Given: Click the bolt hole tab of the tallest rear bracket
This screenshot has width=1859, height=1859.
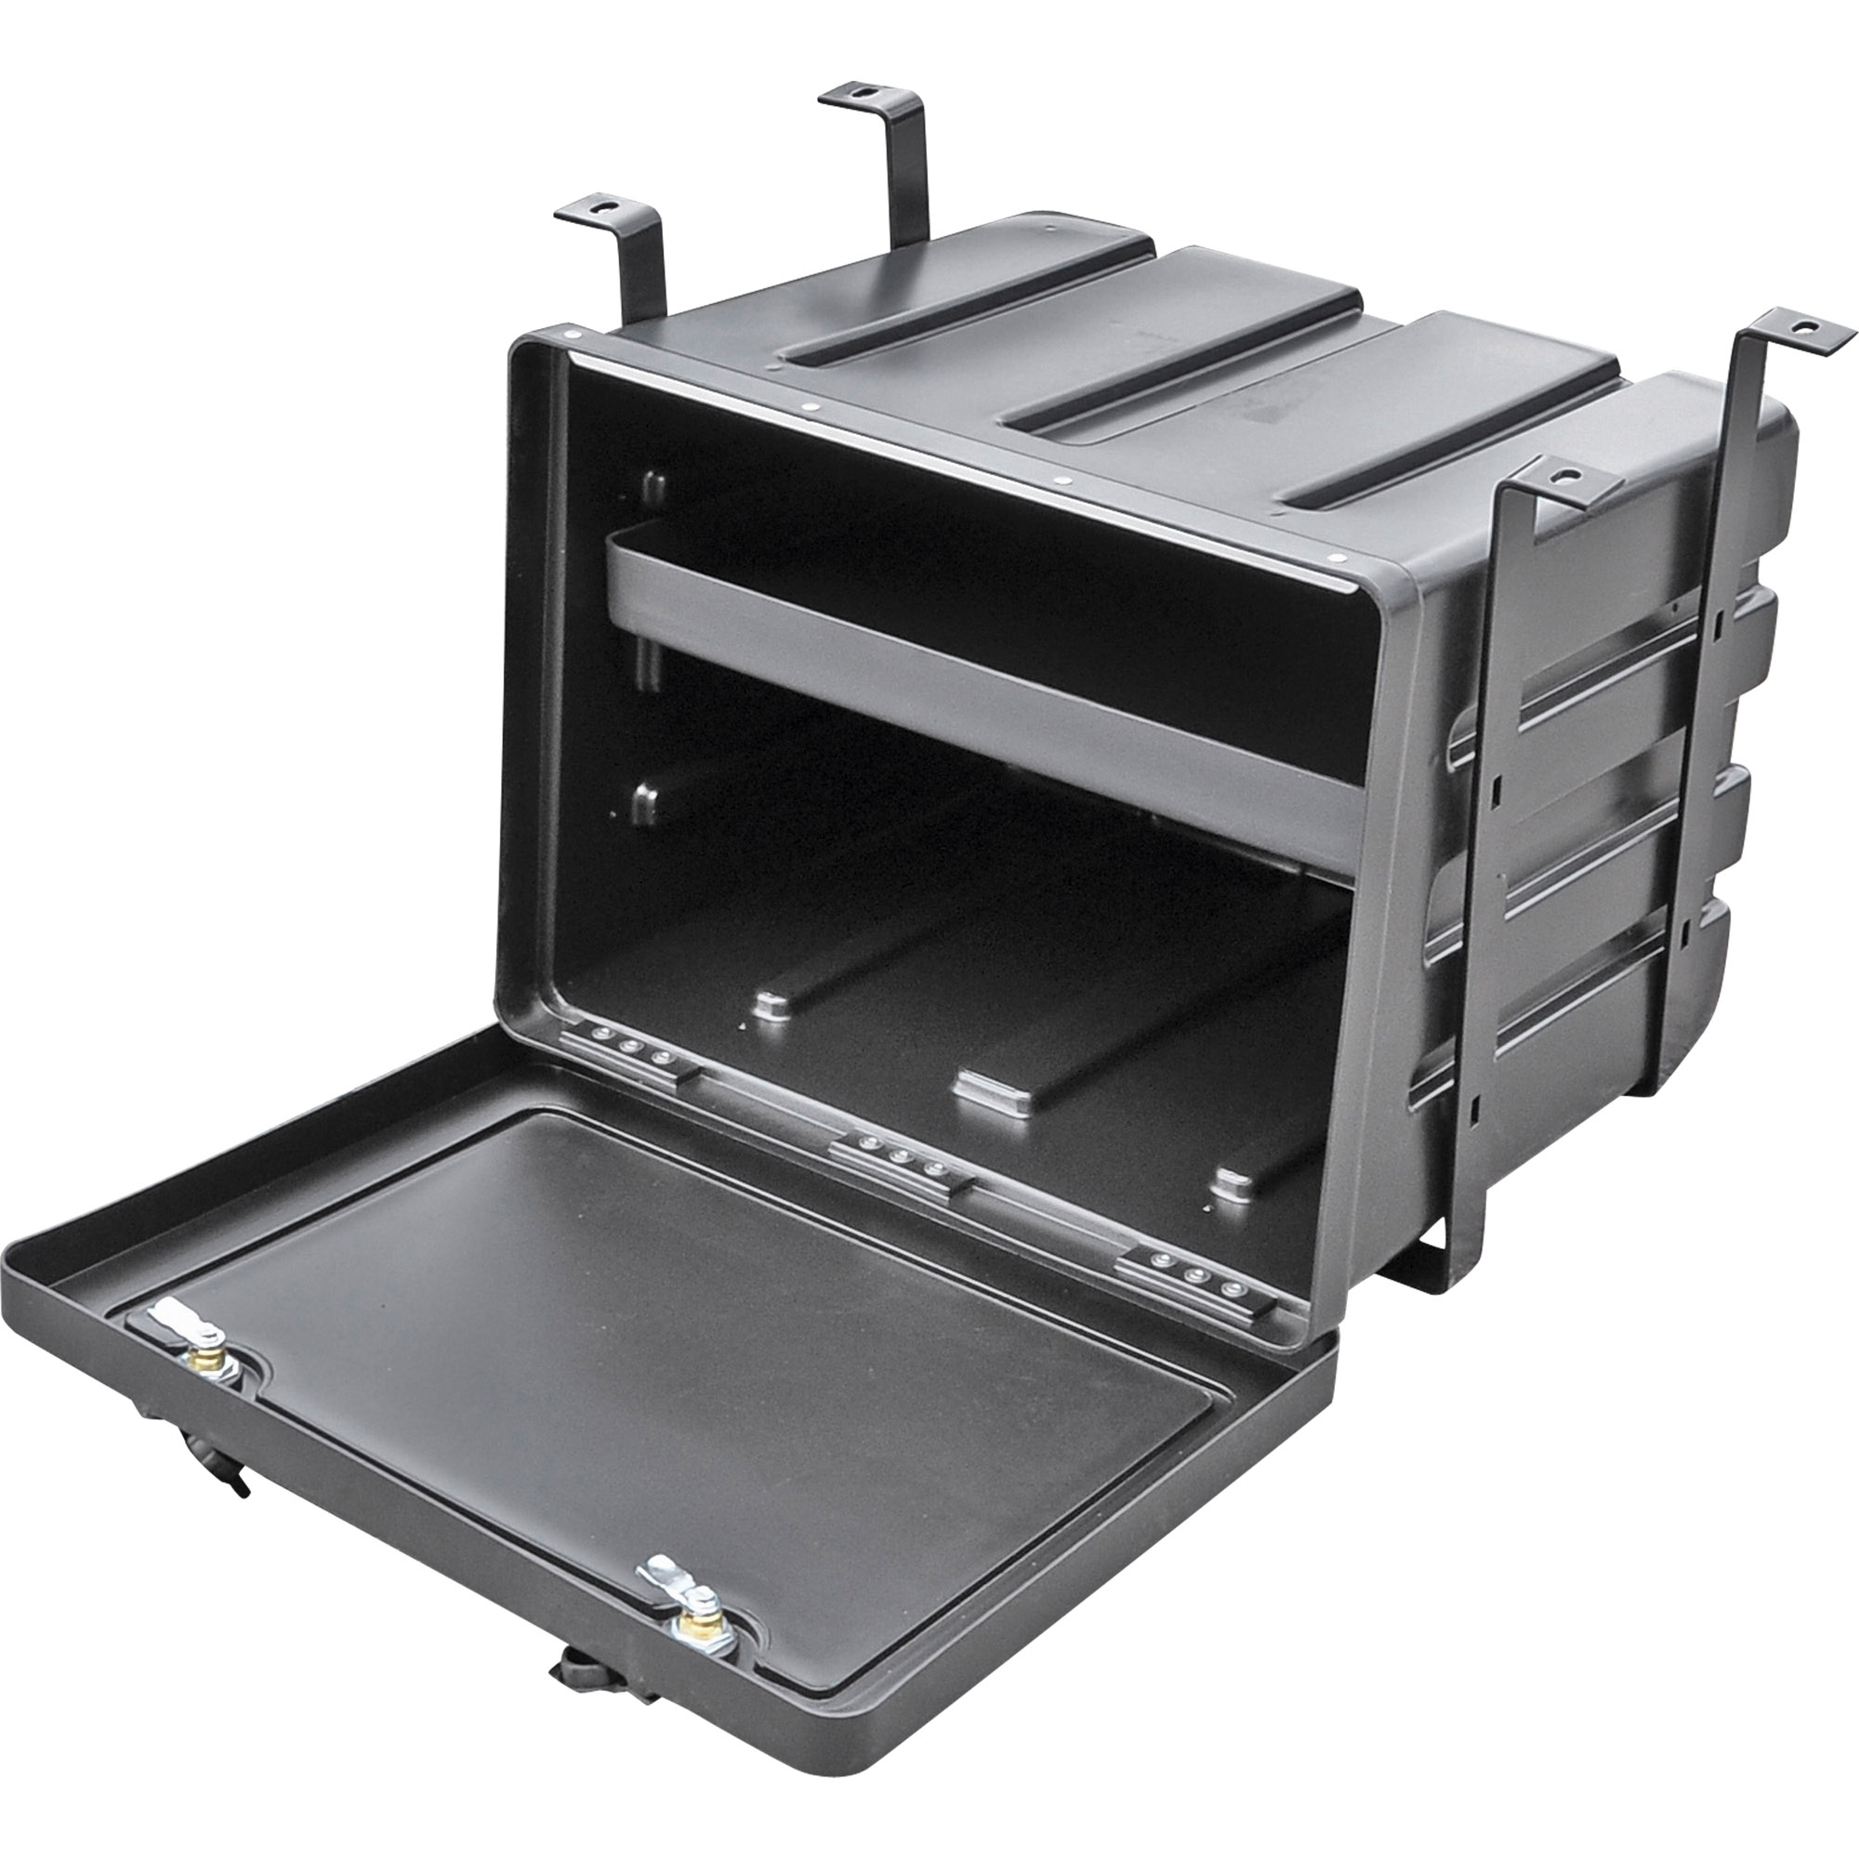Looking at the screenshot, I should (864, 93).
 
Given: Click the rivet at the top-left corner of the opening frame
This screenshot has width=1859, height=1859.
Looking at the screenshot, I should (574, 335).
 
